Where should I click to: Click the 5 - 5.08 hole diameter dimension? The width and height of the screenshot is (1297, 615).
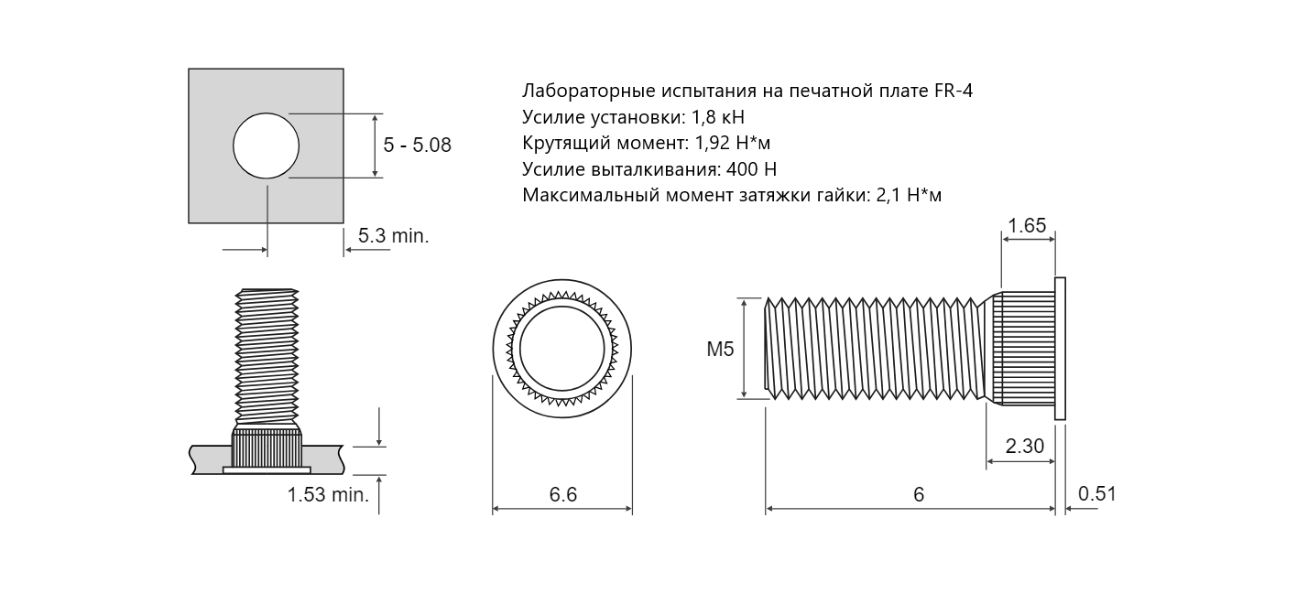pyautogui.click(x=417, y=145)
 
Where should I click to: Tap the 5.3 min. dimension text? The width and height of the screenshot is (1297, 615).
pyautogui.click(x=393, y=235)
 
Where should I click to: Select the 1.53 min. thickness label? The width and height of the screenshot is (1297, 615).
pyautogui.click(x=328, y=495)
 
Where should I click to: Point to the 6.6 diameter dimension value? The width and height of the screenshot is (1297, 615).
pyautogui.click(x=562, y=494)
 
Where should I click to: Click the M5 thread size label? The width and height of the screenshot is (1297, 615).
pyautogui.click(x=720, y=349)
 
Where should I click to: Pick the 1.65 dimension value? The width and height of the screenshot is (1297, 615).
pyautogui.click(x=1027, y=225)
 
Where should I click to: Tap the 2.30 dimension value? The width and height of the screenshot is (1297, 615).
pyautogui.click(x=1025, y=446)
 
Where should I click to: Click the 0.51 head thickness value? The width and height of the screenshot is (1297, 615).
pyautogui.click(x=1096, y=493)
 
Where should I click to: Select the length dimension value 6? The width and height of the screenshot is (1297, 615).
pyautogui.click(x=919, y=494)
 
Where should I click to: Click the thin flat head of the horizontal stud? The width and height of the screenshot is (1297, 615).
pyautogui.click(x=1060, y=349)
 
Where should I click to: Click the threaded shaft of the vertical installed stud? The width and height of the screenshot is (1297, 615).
pyautogui.click(x=267, y=357)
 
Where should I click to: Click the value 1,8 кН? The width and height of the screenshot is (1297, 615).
pyautogui.click(x=718, y=117)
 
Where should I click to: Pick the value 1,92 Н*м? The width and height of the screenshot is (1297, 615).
pyautogui.click(x=733, y=143)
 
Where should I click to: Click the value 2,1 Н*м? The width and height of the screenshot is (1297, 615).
pyautogui.click(x=909, y=196)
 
